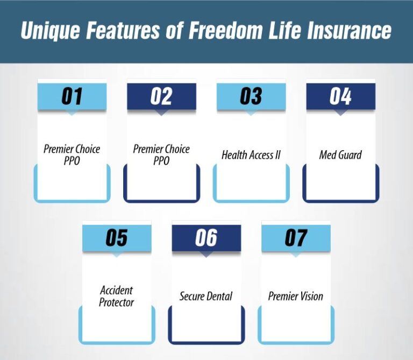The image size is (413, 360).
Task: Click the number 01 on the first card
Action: point(72,96)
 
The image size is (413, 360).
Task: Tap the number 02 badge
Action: point(161,96)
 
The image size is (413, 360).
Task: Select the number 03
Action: point(251,96)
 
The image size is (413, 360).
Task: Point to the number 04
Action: point(340,96)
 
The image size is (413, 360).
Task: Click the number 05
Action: point(116,238)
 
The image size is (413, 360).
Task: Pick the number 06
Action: point(206,238)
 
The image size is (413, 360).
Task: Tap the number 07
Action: point(296,238)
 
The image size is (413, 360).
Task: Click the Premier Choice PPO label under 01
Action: point(72,154)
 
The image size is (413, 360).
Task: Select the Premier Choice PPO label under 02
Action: point(161,154)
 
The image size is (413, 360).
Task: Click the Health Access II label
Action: point(251,155)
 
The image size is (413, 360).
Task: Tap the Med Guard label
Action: point(340,155)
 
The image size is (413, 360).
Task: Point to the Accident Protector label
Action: point(116,296)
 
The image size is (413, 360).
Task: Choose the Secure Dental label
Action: point(206,297)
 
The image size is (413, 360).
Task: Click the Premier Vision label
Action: point(296,297)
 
